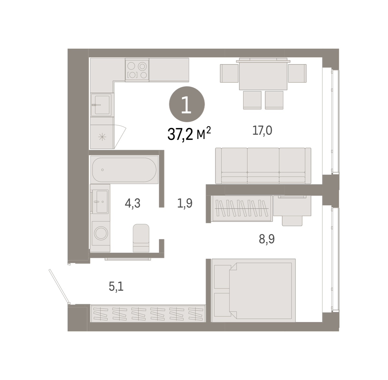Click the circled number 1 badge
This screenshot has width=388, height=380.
pyautogui.click(x=187, y=104)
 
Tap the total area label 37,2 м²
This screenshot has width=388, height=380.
pyautogui.click(x=189, y=134)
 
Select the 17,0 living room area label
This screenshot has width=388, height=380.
pyautogui.click(x=262, y=131)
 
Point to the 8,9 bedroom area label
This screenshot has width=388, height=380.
pyautogui.click(x=267, y=239)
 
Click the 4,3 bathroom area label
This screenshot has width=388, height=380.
pyautogui.click(x=133, y=203)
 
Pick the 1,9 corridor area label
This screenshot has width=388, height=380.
pyautogui.click(x=185, y=203)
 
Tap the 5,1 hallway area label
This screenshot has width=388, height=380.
pyautogui.click(x=116, y=286)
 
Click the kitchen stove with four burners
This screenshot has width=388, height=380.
pyautogui.click(x=137, y=70)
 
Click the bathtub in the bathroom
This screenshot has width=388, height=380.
pyautogui.click(x=124, y=170)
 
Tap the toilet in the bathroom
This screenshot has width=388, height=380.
pyautogui.click(x=141, y=238)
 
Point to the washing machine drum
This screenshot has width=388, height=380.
pyautogui.click(x=101, y=233)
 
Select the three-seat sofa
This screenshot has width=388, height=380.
pyautogui.click(x=263, y=166)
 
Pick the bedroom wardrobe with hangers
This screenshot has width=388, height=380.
pyautogui.click(x=242, y=208)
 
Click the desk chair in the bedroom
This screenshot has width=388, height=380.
pyautogui.click(x=292, y=221)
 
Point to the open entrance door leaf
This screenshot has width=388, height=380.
pyautogui.click(x=59, y=286)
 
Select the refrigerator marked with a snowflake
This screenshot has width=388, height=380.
pyautogui.click(x=102, y=137)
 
